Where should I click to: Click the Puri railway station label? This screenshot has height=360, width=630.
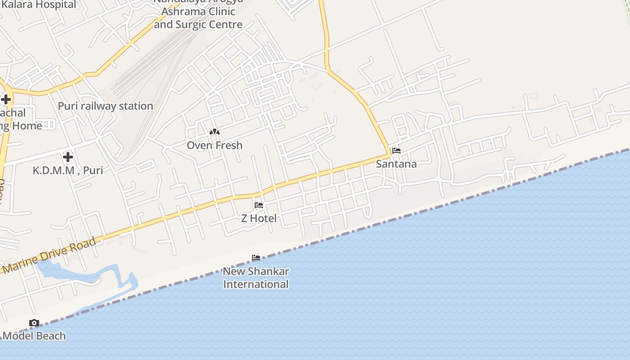tap(105, 106)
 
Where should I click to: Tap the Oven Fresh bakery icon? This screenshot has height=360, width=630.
tap(215, 132)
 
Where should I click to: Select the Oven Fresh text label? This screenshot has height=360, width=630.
tap(215, 145)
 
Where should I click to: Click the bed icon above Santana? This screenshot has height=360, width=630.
tap(396, 151)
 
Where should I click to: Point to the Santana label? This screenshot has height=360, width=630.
tap(396, 164)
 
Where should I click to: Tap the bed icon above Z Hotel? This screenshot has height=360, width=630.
tap(259, 205)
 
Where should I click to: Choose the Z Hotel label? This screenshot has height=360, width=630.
tap(259, 219)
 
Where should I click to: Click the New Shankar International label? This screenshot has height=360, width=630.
tap(256, 278)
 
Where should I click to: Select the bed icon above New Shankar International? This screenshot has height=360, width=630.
tap(256, 258)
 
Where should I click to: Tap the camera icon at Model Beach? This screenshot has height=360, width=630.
tap(34, 323)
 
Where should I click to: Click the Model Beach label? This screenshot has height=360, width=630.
tap(34, 336)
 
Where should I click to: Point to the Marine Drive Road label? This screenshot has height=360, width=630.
tap(49, 255)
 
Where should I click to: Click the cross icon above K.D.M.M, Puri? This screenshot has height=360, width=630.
tap(68, 157)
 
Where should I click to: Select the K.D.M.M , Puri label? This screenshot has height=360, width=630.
tap(68, 171)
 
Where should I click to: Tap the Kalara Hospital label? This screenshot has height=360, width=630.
tap(39, 5)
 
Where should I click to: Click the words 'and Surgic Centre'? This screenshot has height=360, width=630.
tap(198, 25)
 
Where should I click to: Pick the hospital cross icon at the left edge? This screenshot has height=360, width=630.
tap(6, 99)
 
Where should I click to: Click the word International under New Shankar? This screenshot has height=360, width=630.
tap(256, 284)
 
